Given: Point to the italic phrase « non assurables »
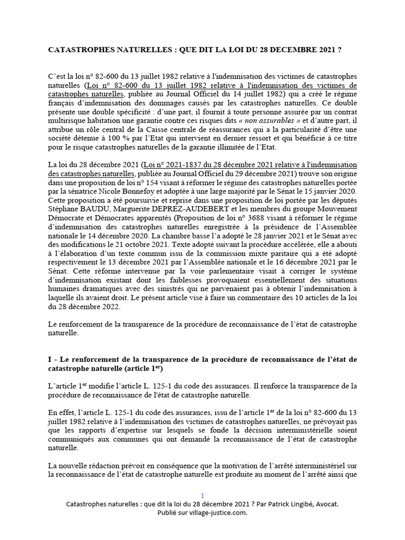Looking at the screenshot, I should (277, 120).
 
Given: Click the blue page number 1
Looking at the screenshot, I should (202, 495).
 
